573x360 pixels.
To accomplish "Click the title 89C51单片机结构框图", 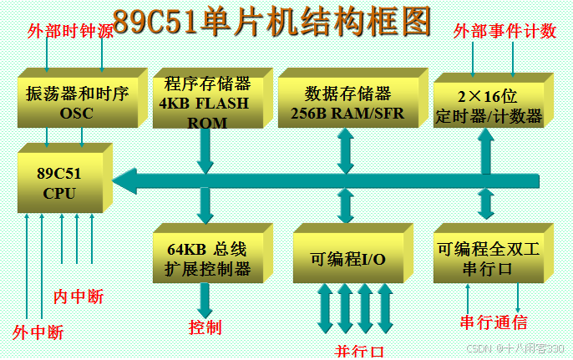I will pyautogui.click(x=271, y=21).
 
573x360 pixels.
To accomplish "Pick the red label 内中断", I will pyautogui.click(x=79, y=297).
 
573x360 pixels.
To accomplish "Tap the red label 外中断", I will pyautogui.click(x=38, y=332).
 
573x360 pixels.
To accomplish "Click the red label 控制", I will pyautogui.click(x=205, y=327).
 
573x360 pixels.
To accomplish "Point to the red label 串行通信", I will pyautogui.click(x=493, y=322).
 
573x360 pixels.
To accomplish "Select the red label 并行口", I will pyautogui.click(x=359, y=351).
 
